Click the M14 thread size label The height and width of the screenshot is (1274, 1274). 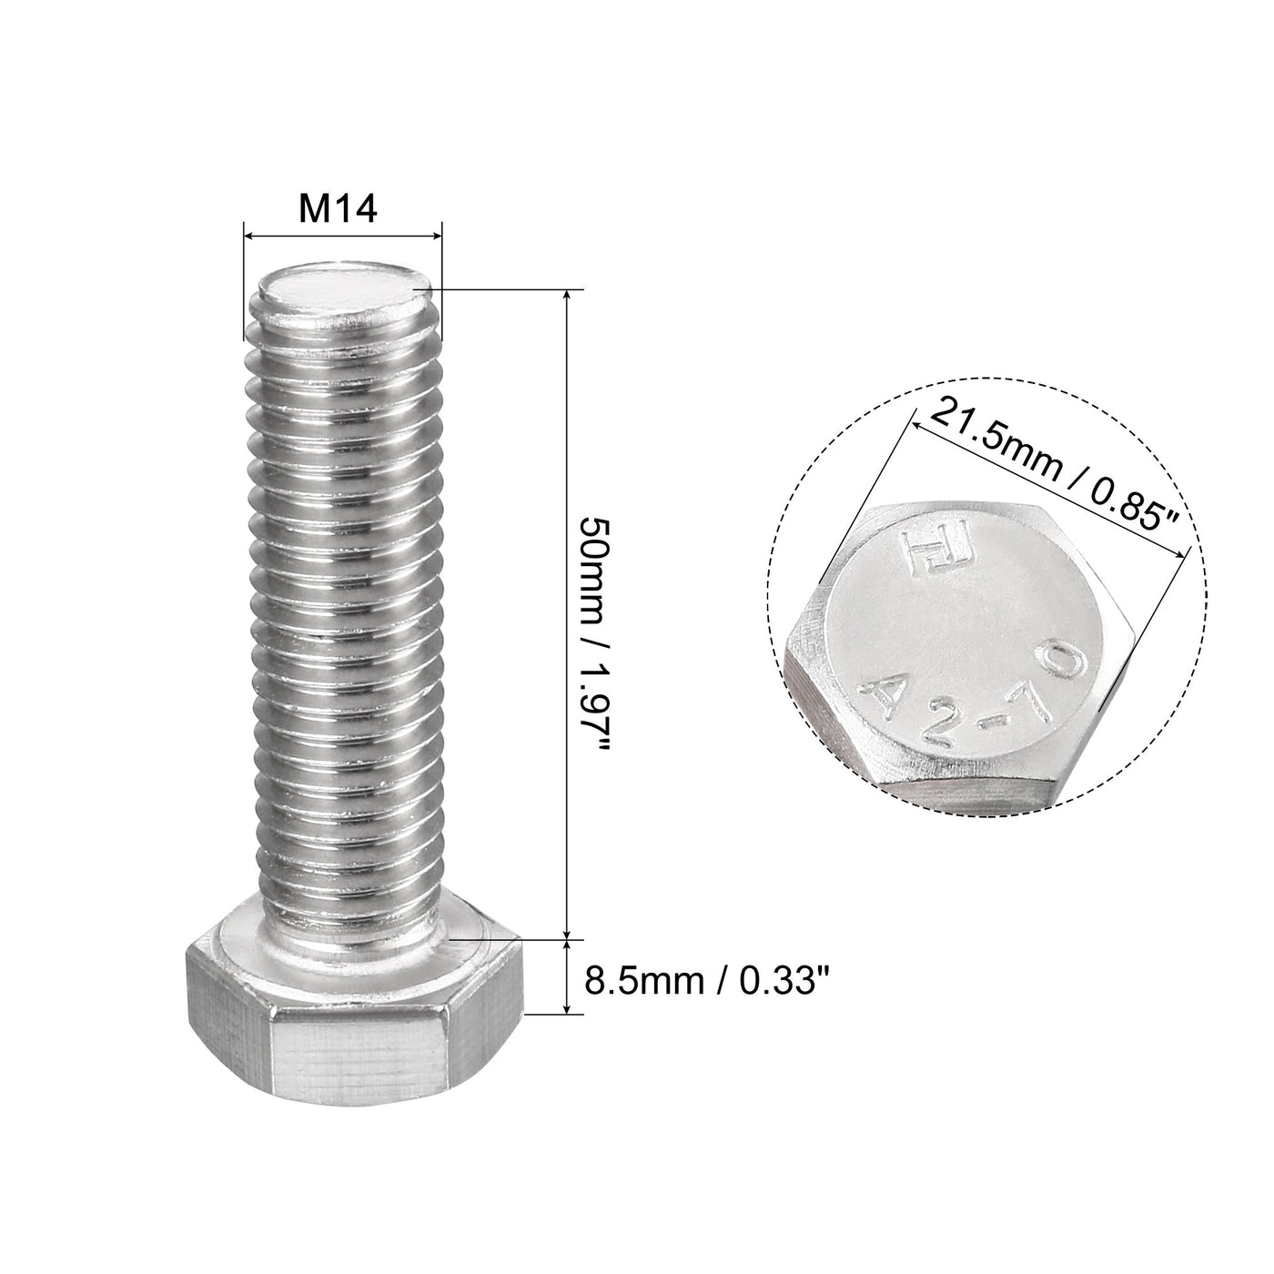click(339, 210)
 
